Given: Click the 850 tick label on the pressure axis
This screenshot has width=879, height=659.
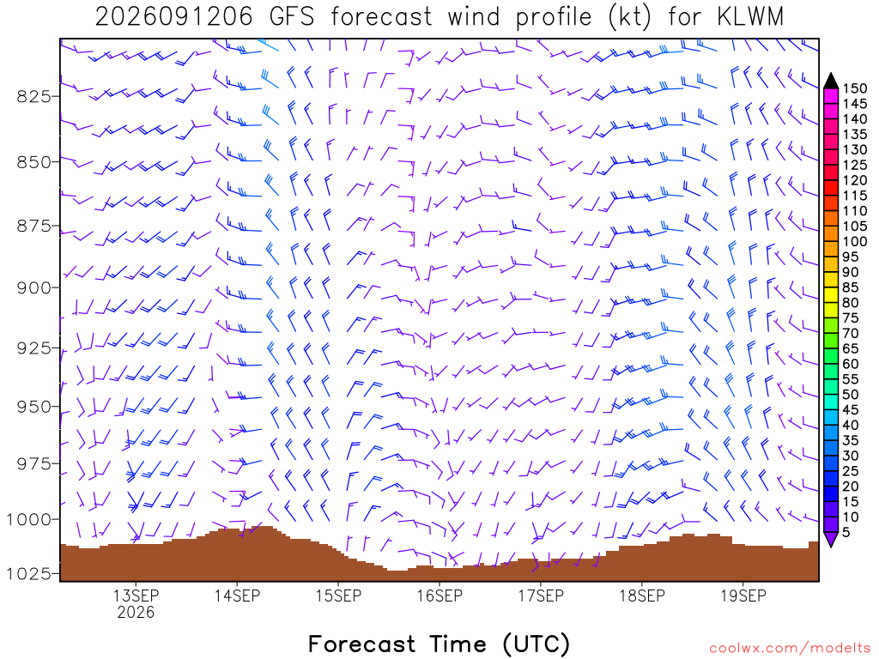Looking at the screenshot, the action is pos(33,162).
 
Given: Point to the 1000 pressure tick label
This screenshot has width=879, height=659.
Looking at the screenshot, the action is pos(28,519).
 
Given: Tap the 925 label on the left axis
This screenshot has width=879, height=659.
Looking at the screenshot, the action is pos(33,348).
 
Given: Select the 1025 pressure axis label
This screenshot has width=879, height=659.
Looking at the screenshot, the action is pos(28,574).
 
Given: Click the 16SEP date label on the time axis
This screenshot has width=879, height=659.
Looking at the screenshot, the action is pos(439,596).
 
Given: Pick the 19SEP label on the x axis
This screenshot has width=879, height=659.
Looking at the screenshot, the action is pos(743,596).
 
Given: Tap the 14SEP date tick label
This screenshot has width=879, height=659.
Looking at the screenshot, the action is pos(237,596).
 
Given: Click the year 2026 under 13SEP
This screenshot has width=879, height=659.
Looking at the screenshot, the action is pos(136,612).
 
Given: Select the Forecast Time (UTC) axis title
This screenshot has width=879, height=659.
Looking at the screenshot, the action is pos(439,644).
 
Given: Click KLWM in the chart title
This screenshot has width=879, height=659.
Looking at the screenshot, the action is pos(750,17).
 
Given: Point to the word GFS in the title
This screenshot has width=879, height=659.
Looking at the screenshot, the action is pos(292,17).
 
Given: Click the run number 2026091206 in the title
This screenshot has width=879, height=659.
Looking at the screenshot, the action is pos(173,17).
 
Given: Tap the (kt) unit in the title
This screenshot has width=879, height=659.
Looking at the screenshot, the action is pos(630,17).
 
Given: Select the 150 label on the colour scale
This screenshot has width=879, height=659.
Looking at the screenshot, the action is pos(855,88).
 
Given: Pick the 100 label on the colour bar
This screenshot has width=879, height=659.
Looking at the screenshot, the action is pos(855,241).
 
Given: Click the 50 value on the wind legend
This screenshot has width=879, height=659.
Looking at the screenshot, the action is pos(851,395).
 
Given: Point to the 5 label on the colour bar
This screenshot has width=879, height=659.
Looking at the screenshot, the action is pos(846,532).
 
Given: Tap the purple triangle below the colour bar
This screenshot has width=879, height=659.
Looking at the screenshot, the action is pos(831,539).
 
